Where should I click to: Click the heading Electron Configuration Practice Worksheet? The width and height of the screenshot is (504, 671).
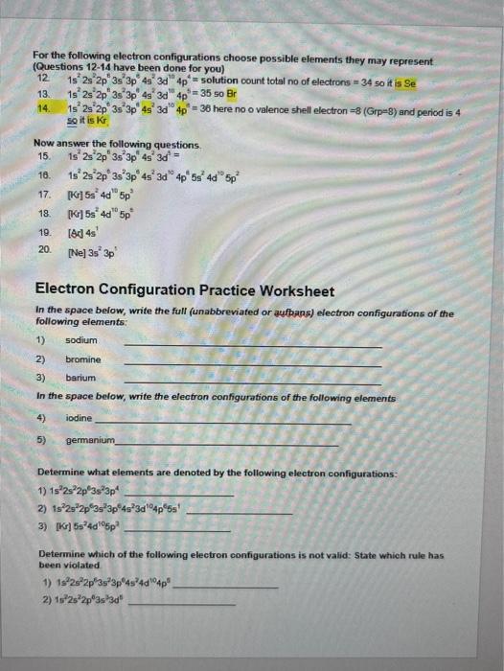coord(184,290)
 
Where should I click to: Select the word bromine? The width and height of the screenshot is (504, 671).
coord(82,359)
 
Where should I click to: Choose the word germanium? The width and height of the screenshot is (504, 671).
coord(89,440)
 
